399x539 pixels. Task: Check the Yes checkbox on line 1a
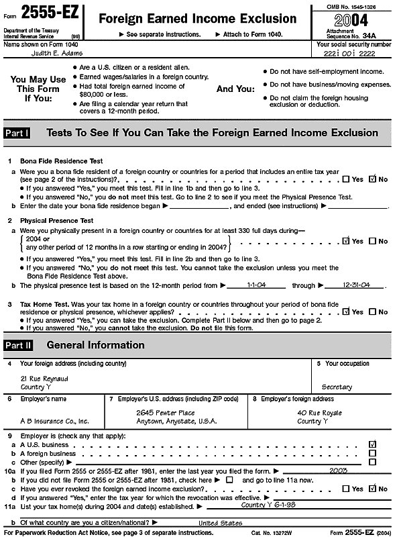345,179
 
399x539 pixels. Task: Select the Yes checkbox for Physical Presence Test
345,241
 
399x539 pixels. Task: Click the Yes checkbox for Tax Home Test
345,311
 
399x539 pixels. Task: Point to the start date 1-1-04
256,285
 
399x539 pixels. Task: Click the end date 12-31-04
357,285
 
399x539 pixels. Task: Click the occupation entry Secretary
337,387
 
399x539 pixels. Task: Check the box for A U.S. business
373,444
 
